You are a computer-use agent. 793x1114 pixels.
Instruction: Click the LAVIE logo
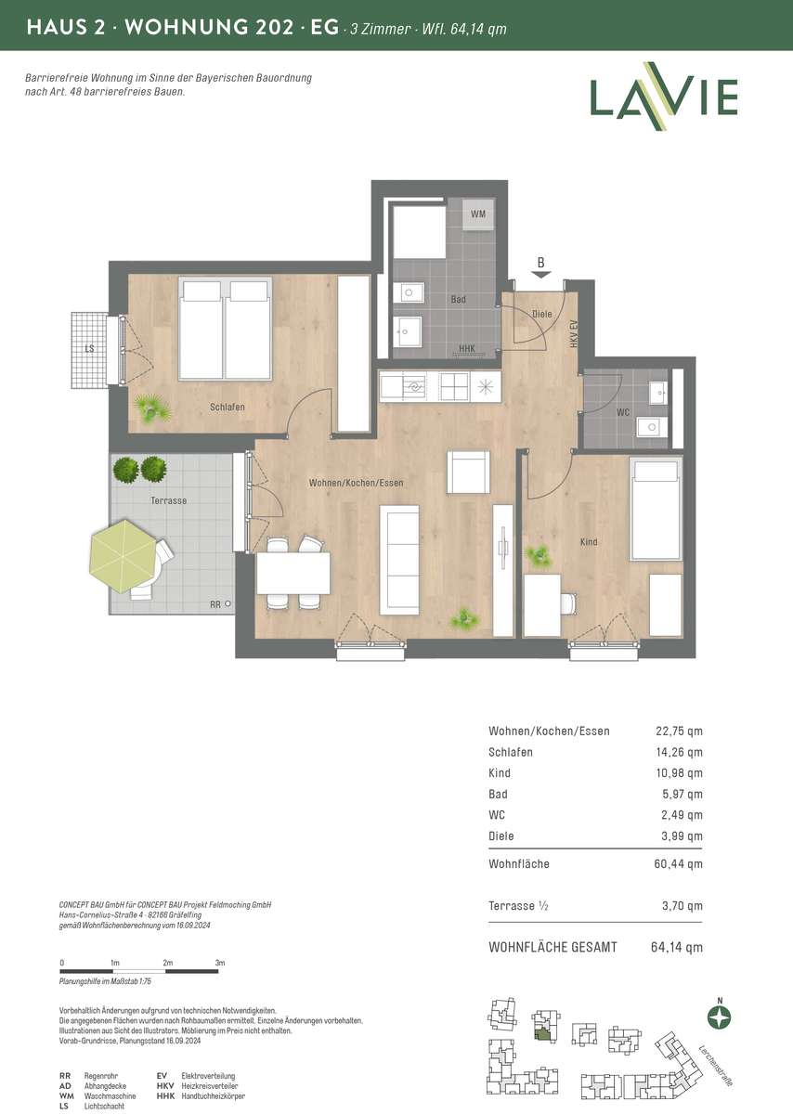(664, 97)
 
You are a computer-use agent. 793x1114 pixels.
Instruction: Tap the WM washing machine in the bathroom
(478, 214)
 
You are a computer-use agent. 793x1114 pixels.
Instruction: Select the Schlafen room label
(227, 407)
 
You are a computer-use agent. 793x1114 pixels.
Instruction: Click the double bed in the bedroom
(226, 329)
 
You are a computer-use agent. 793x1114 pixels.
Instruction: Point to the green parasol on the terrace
(124, 556)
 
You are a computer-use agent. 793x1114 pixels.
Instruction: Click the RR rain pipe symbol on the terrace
(227, 603)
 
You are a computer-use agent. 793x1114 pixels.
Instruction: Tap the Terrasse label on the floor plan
(169, 500)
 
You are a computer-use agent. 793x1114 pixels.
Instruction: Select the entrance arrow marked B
(541, 275)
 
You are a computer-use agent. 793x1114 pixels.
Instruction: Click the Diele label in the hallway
(542, 314)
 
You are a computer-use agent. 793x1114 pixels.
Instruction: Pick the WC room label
(623, 412)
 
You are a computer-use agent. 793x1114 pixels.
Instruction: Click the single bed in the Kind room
(656, 510)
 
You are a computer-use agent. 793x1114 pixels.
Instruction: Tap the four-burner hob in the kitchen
(454, 387)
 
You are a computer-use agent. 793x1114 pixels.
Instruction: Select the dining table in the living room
(293, 573)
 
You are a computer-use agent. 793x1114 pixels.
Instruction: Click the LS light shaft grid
(89, 350)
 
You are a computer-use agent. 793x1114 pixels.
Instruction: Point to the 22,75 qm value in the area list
(679, 731)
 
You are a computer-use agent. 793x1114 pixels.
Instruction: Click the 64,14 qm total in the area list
(677, 947)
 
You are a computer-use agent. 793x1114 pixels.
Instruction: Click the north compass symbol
(720, 1017)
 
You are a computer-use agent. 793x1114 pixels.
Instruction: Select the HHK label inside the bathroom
(467, 348)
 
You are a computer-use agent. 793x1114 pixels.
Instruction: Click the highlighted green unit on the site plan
(543, 1035)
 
